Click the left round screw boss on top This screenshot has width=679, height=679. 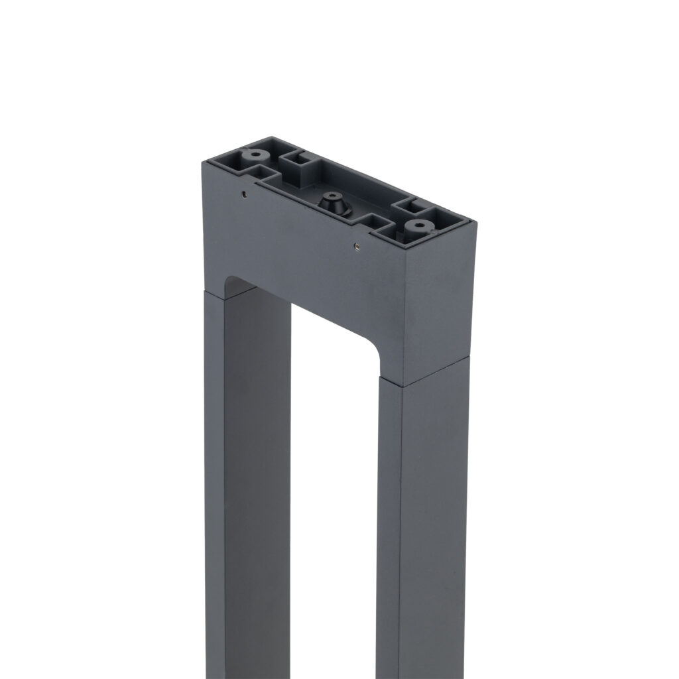(x=254, y=156)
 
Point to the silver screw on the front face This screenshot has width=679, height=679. (x=357, y=247)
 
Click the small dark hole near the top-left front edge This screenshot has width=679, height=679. (x=243, y=194)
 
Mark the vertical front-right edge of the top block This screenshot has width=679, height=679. (x=405, y=312)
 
